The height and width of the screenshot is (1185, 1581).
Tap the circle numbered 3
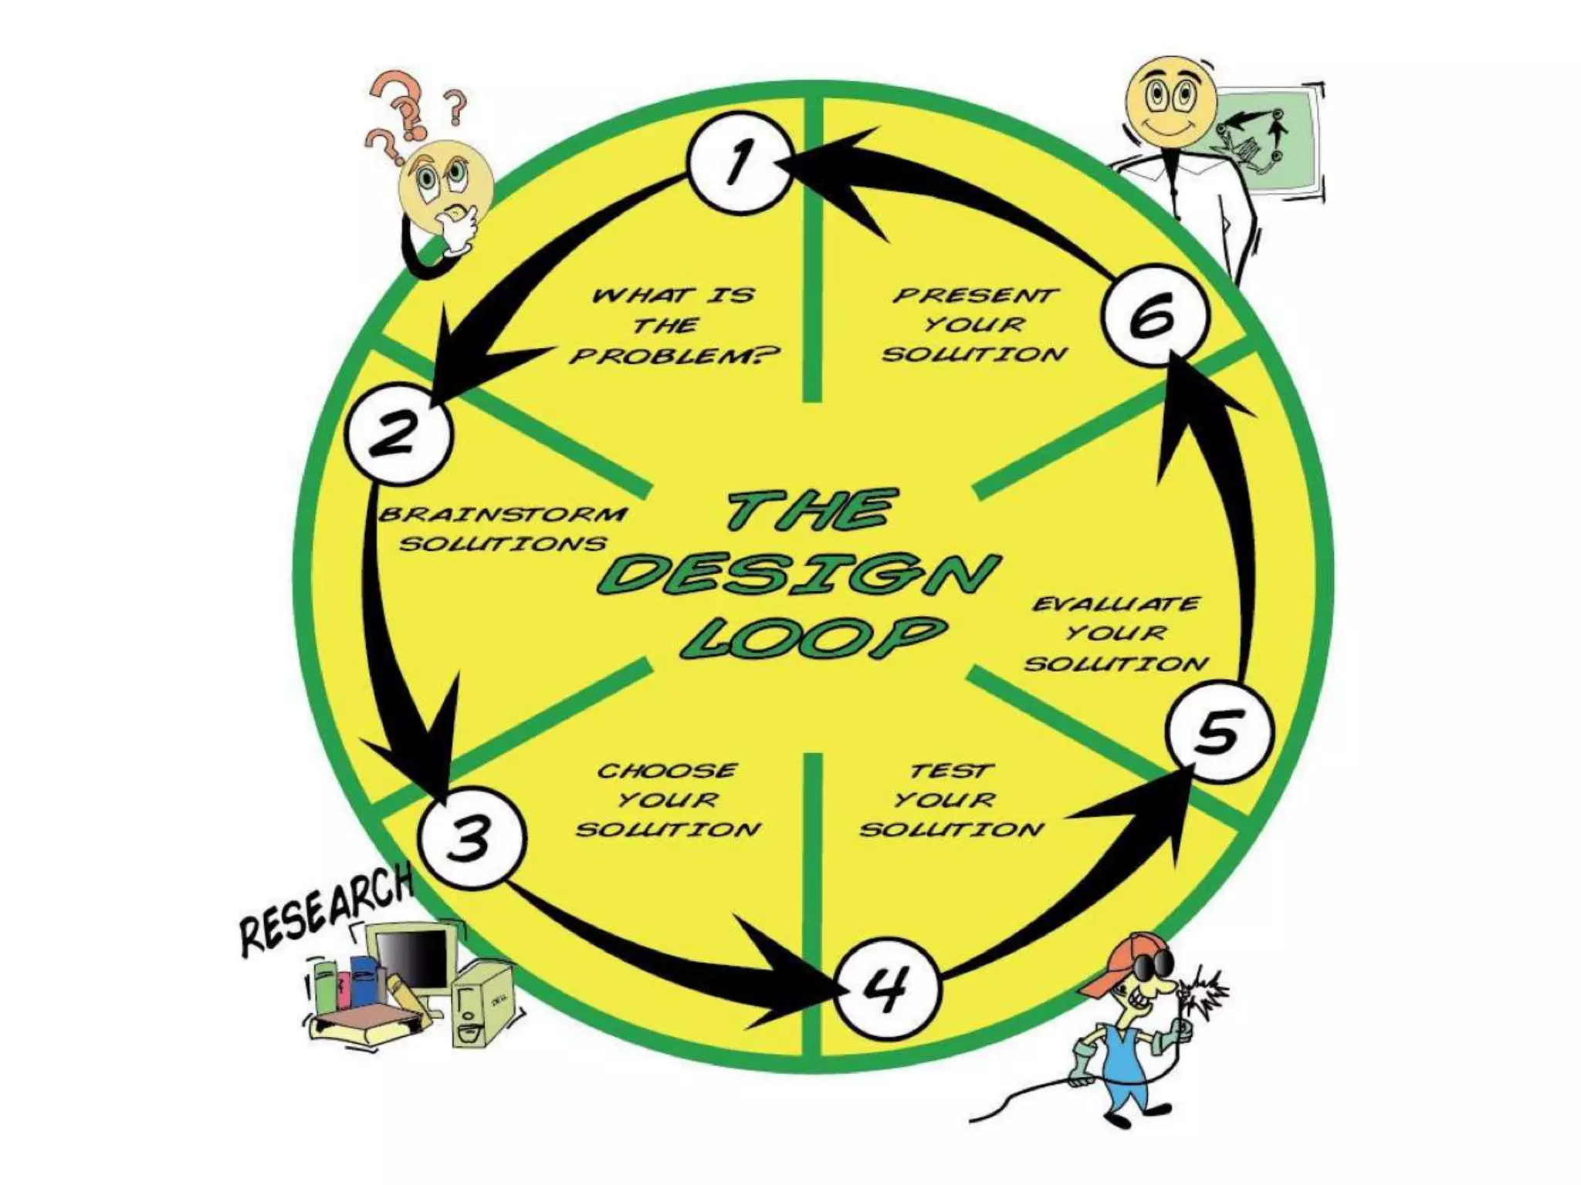(472, 839)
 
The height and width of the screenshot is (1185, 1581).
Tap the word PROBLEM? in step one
(675, 356)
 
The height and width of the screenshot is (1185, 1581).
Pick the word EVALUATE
(1116, 603)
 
